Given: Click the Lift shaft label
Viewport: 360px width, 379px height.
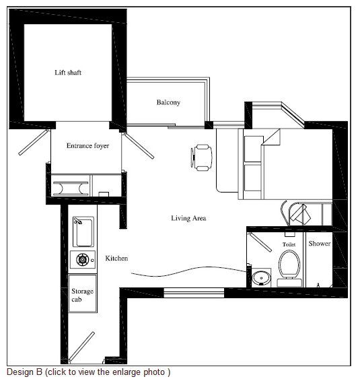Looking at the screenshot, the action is (x=68, y=73).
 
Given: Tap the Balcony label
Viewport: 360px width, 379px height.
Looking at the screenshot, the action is (x=168, y=102).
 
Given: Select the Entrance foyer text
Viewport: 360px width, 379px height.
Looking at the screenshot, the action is (x=87, y=146).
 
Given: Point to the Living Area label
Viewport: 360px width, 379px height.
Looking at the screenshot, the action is (x=188, y=218).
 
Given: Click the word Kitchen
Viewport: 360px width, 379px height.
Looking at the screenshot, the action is (x=116, y=258).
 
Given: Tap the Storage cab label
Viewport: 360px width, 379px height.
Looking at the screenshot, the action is (x=82, y=295).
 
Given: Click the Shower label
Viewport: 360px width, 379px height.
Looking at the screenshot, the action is (x=320, y=244).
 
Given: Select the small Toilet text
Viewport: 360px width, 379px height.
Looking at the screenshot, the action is (x=289, y=244).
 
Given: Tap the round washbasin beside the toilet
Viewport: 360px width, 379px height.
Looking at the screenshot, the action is (x=261, y=278).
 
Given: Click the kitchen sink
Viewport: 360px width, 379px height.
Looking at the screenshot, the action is (x=83, y=232).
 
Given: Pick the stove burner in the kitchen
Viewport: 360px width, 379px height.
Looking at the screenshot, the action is (x=82, y=260).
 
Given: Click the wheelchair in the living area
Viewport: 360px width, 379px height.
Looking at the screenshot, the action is (x=201, y=158).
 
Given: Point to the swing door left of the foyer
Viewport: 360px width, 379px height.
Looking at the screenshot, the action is (x=34, y=142).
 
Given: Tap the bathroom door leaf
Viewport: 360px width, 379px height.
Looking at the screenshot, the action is (x=260, y=242).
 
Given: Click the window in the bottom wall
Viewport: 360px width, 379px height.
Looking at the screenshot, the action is (x=194, y=293).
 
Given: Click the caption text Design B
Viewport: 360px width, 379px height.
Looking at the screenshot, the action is (x=25, y=372).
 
